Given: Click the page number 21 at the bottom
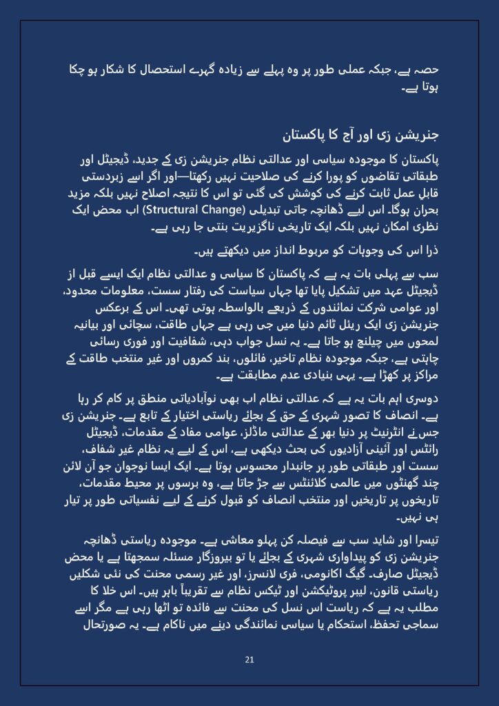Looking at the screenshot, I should [250, 660].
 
